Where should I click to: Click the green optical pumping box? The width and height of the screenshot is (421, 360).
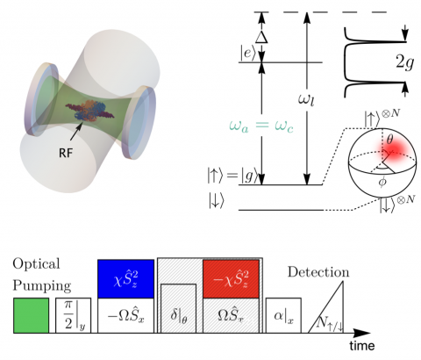[31, 315]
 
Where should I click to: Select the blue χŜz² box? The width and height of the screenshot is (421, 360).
[126, 278]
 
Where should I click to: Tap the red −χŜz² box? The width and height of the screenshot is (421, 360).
[231, 278]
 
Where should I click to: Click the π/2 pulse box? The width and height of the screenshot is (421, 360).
[74, 315]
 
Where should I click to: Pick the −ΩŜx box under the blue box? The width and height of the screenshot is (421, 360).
[126, 315]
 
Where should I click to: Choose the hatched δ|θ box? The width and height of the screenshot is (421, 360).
[178, 308]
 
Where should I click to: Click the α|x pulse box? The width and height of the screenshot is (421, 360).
[283, 315]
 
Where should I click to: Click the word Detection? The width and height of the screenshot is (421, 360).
[318, 272]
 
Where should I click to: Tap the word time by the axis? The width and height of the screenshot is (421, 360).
[362, 346]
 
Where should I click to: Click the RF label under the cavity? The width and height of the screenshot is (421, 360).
[66, 153]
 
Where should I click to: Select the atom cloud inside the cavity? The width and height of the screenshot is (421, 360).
[89, 111]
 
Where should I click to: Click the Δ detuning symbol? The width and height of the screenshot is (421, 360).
[261, 37]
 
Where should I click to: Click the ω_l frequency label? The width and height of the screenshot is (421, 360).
[306, 100]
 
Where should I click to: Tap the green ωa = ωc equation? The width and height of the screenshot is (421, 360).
[261, 126]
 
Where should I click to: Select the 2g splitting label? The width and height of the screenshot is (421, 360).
[404, 62]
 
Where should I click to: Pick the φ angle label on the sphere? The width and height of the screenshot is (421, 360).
[382, 182]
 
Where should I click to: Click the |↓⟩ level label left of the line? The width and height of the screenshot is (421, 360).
[216, 202]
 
